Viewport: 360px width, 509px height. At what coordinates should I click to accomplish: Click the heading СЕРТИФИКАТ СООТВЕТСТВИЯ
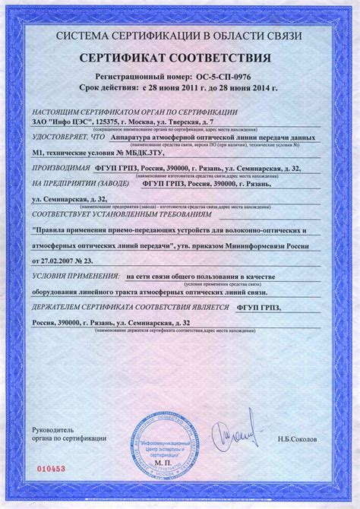tap(180, 58)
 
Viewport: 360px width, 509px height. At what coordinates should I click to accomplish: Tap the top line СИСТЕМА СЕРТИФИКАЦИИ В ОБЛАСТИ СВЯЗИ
tap(180, 36)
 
